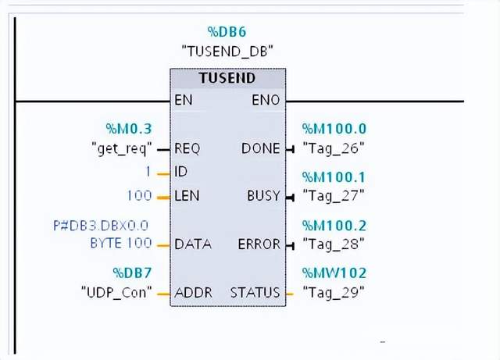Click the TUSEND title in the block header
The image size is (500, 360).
tap(227, 78)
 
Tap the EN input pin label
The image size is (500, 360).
tap(184, 101)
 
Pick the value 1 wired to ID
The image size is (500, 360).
tap(148, 171)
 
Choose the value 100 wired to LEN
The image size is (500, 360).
tap(138, 195)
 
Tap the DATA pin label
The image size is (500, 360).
tap(193, 244)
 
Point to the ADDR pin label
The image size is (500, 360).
tap(193, 293)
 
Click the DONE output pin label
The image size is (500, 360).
tap(261, 148)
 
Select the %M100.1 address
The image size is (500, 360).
tap(334, 177)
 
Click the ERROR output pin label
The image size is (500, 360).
tap(259, 244)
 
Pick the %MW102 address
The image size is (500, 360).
tap(334, 273)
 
